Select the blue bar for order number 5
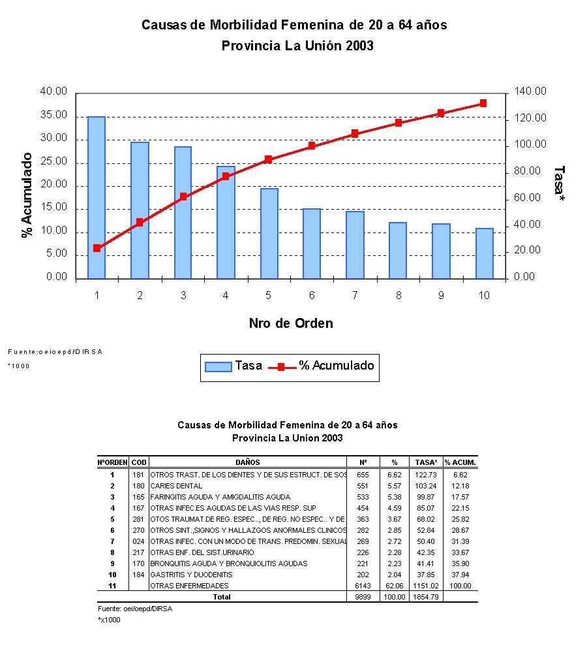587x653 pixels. click(269, 233)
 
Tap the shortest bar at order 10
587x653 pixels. click(484, 253)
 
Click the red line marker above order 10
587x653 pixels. click(483, 103)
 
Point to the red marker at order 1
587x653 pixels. click(97, 248)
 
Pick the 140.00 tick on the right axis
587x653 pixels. click(530, 92)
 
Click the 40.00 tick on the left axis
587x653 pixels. click(53, 92)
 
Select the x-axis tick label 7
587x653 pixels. click(355, 296)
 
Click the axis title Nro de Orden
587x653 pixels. click(290, 323)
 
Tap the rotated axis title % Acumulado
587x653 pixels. click(27, 195)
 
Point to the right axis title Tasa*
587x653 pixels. click(559, 183)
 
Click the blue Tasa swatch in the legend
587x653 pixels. click(218, 366)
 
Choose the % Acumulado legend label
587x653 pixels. click(337, 366)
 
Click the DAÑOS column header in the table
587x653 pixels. click(248, 462)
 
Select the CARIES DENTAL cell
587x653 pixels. click(176, 486)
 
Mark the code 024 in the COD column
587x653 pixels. click(139, 541)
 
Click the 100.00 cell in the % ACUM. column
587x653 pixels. click(460, 586)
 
